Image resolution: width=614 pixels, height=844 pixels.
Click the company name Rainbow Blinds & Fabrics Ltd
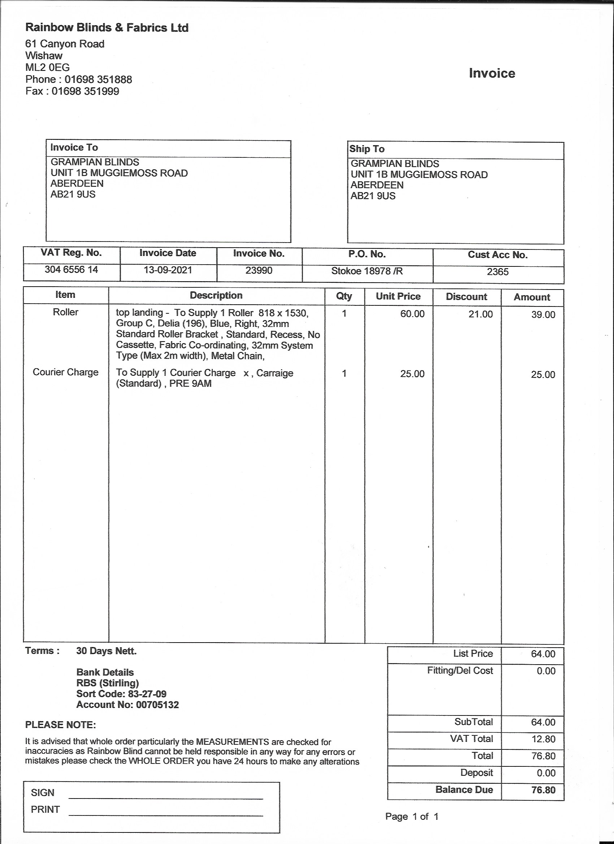pos(107,27)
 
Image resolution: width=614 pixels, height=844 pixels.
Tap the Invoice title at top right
pos(492,73)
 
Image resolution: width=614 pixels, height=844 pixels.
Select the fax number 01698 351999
pos(85,91)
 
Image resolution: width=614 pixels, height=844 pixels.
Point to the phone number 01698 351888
pos(98,79)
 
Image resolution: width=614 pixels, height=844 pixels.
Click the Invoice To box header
pos(74,147)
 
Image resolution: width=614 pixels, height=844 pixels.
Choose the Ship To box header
pos(367,149)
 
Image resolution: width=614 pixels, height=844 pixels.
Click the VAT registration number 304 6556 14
pos(71,269)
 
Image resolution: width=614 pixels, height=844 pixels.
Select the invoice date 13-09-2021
pos(168,270)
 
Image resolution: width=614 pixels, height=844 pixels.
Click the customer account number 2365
pos(497,272)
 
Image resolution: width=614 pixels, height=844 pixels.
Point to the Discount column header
pos(466,297)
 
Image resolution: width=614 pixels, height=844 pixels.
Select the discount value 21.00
pos(480,314)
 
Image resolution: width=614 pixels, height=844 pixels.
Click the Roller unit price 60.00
pos(412,314)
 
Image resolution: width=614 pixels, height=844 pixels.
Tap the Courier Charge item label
pos(65,372)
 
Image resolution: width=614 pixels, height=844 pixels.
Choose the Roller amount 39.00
pos(543,314)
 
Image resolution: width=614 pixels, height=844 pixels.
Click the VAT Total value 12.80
pos(543,739)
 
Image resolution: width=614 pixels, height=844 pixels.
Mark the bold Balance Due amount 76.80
pos(543,790)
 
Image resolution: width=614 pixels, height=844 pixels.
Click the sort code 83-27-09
pos(147,694)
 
